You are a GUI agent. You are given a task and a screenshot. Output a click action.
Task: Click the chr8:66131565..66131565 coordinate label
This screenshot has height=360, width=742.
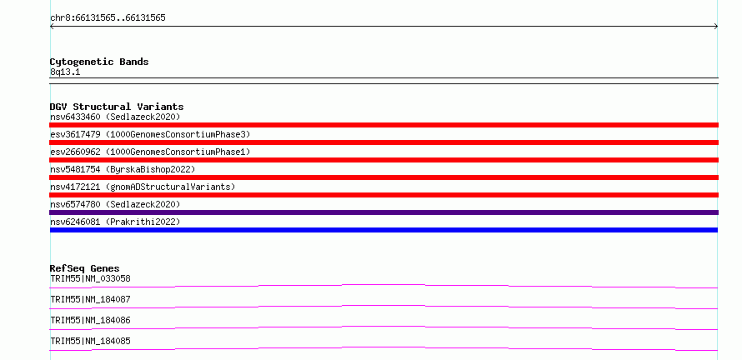point(108,18)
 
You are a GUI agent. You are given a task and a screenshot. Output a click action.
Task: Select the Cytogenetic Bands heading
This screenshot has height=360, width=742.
point(99,62)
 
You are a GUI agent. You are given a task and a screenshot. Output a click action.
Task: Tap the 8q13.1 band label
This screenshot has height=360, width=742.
point(65,72)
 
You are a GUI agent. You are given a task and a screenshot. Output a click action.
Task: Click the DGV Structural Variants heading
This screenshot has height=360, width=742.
point(117,107)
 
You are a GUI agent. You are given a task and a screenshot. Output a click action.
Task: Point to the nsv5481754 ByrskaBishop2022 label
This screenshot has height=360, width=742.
point(123,169)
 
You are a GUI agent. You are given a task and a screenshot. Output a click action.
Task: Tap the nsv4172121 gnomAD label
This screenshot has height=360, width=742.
point(143,187)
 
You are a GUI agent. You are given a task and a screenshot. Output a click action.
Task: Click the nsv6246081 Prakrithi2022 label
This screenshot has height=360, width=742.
point(115,222)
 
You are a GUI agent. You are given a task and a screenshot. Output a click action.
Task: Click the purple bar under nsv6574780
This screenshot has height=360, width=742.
point(384,212)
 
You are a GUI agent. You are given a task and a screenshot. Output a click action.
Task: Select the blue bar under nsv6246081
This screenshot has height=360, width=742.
point(384,230)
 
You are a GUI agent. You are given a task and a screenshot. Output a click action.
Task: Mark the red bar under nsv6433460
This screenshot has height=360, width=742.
point(384,125)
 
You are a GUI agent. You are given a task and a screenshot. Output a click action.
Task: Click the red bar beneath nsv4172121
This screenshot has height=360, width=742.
point(384,195)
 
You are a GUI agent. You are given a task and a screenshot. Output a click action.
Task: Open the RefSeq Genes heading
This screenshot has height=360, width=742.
point(85,268)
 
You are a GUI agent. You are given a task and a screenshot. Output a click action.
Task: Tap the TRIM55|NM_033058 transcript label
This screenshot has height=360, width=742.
point(90,278)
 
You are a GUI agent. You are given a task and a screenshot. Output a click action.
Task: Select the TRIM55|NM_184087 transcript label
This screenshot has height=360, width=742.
point(90,299)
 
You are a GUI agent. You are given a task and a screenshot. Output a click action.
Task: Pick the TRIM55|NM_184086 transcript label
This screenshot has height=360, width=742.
point(90,320)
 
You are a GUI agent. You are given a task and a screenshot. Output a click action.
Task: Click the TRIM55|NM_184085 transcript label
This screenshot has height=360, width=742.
point(90,341)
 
